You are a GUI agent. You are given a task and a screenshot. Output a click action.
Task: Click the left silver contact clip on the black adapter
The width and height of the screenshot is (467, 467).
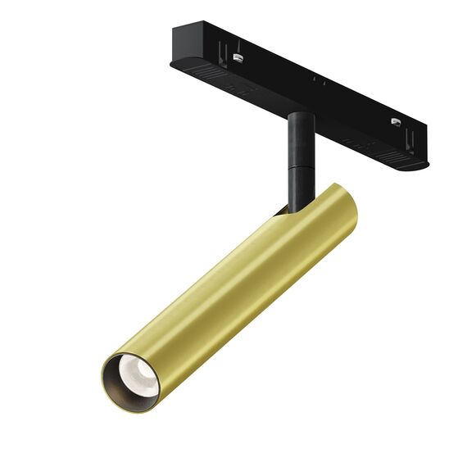238,57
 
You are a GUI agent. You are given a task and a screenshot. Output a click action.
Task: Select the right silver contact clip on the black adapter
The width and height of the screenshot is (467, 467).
395,123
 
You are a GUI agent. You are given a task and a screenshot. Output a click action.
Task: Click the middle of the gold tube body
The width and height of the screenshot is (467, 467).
229,287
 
